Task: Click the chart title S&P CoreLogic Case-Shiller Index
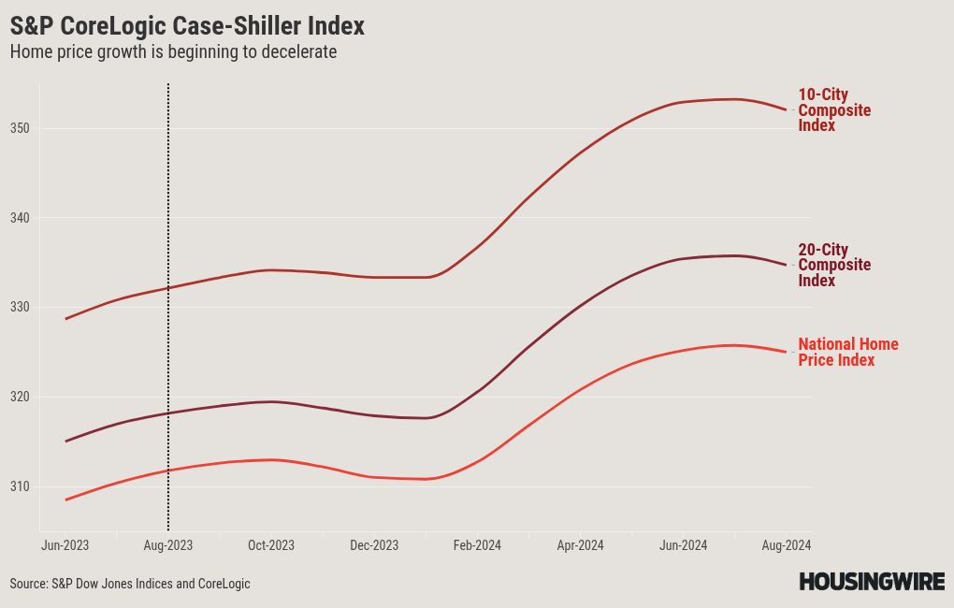point(187,25)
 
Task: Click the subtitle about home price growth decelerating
point(173,52)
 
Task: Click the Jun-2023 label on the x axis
point(65,545)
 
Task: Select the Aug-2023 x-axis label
point(167,545)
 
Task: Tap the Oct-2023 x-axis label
point(270,545)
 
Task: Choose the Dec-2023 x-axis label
point(373,545)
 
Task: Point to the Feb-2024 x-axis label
point(476,545)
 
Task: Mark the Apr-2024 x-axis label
point(580,545)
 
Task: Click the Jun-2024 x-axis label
point(683,545)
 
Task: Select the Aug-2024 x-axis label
point(786,545)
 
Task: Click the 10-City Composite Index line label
point(833,110)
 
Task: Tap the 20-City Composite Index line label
point(833,266)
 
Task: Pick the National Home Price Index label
point(847,352)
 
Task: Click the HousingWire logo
point(871,582)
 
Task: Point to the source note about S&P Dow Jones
point(130,584)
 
